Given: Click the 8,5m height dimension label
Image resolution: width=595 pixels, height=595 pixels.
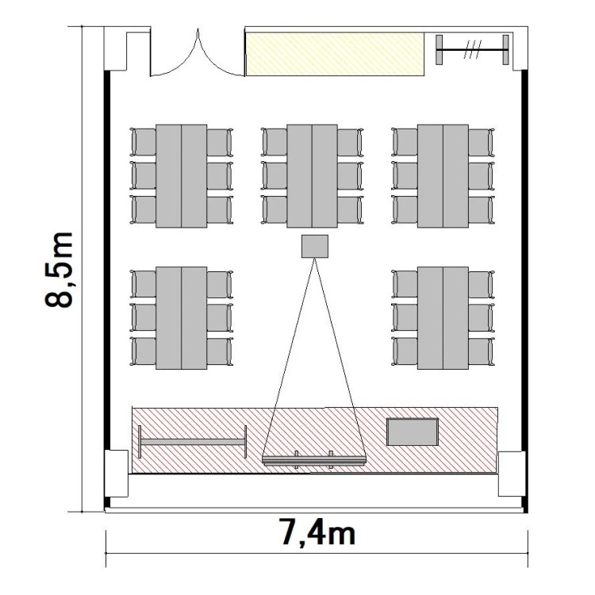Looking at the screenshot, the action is coord(59,270).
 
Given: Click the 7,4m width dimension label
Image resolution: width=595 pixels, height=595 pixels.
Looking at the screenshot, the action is coord(318,532).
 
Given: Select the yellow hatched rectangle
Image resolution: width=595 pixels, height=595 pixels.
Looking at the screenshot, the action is coord(335,54).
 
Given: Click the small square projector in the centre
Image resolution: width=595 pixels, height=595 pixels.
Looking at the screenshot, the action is coord(315,246).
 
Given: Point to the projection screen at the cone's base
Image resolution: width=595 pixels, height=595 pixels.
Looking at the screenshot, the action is coord(314,460).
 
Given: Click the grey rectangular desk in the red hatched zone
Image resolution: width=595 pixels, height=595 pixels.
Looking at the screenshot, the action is coord(413,432).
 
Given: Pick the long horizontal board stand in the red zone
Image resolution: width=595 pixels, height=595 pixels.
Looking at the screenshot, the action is coord(193,442).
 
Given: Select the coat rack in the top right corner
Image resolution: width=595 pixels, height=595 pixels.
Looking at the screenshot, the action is coord(472,50).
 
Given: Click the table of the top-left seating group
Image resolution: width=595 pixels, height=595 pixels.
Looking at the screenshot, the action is coord(182,176).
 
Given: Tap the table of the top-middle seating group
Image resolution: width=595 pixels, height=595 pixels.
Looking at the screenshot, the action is coord(312,176).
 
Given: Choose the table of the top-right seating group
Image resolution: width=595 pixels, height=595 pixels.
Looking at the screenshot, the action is coord(443,176).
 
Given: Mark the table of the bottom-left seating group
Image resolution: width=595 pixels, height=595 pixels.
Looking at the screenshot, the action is coord(182,318).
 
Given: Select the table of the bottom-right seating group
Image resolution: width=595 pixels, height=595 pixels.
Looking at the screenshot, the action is coord(443,318).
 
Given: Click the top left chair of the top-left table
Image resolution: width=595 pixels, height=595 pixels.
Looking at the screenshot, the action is coord(143,142).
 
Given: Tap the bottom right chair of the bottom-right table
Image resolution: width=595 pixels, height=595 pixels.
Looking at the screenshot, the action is coord(482,351).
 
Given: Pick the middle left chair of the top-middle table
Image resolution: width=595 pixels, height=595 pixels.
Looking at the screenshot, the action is coord(274,175).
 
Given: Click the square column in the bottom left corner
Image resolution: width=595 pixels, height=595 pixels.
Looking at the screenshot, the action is coord(117,474).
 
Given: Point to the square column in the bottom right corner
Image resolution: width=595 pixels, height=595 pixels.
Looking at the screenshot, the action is coord(512,474).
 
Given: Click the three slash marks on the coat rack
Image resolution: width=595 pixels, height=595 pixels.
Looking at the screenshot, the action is coord(473,50).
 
